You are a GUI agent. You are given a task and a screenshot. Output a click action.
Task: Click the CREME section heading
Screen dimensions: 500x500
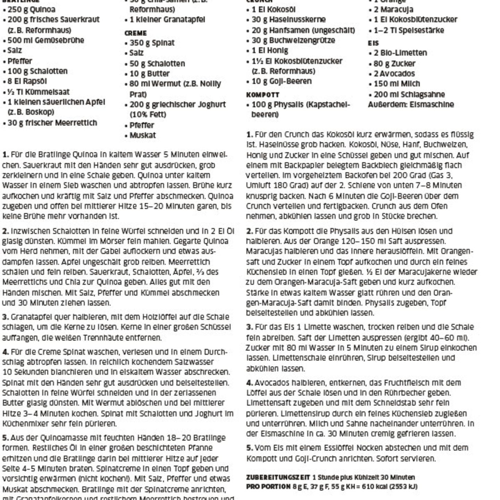pyautogui.click(x=135, y=33)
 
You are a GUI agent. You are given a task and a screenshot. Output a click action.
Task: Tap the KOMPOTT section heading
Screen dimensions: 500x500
pyautogui.click(x=262, y=95)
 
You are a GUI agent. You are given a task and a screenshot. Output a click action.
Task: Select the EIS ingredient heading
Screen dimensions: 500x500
pyautogui.click(x=373, y=43)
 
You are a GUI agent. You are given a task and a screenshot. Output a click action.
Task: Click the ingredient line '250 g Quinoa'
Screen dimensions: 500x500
pyautogui.click(x=31, y=9)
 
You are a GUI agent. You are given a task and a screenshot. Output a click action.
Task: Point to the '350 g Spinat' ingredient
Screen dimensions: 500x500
pyautogui.click(x=152, y=43)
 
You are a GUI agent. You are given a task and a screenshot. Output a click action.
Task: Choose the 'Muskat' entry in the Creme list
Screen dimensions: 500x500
pyautogui.click(x=142, y=135)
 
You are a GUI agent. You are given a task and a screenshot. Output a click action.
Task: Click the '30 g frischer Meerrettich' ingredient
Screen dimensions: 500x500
pyautogui.click(x=52, y=123)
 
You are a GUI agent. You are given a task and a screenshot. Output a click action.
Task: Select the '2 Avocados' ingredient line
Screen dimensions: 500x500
pyautogui.click(x=394, y=74)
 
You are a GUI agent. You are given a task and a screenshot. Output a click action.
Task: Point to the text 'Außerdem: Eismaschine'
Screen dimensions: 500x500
pyautogui.click(x=411, y=105)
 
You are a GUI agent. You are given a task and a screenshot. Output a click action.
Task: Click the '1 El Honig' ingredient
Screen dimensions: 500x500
pyautogui.click(x=270, y=51)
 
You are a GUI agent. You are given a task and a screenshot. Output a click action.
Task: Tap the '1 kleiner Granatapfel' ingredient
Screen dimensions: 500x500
pyautogui.click(x=167, y=19)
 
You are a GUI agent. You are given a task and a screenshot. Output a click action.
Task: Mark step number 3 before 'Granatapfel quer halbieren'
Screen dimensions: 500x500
pyautogui.click(x=5, y=317)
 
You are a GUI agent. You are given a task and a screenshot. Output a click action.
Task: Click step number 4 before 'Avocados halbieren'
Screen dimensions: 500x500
pyautogui.click(x=249, y=383)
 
